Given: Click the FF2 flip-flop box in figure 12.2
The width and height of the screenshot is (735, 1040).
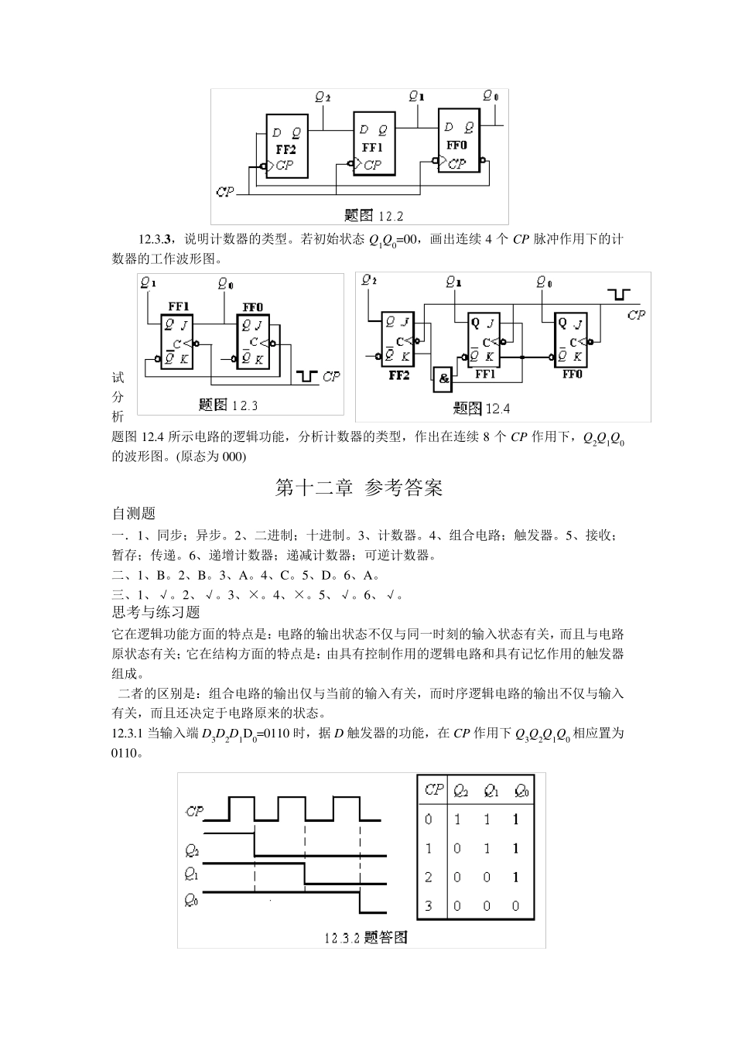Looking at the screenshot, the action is (x=287, y=146).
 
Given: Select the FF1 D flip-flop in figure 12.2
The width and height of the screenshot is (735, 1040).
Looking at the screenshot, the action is (x=373, y=144).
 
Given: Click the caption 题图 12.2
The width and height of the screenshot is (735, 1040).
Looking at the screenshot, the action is (x=374, y=215).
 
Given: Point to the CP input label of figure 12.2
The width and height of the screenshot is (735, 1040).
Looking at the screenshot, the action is (x=225, y=190).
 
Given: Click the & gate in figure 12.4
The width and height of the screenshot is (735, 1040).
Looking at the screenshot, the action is (x=443, y=378).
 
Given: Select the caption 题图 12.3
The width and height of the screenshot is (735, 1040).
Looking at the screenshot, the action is (x=228, y=404).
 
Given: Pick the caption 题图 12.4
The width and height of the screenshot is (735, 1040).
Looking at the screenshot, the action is (x=481, y=409).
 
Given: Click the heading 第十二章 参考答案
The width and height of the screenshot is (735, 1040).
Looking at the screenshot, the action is (x=359, y=488).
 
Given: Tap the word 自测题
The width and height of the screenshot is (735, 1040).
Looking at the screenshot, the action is (x=134, y=513).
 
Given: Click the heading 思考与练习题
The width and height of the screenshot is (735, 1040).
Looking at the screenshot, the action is (x=156, y=612).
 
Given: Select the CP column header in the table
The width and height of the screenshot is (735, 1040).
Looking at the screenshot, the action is (x=433, y=790).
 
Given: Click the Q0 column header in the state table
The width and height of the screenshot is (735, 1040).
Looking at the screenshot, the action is (x=521, y=791).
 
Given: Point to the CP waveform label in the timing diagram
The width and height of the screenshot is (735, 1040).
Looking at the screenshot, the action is (x=194, y=811).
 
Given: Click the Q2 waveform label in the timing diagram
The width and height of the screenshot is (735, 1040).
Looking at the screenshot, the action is (x=192, y=850).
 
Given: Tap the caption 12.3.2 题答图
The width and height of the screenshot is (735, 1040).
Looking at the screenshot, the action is (x=365, y=938).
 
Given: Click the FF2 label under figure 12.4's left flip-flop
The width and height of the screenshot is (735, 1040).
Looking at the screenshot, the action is (x=399, y=375).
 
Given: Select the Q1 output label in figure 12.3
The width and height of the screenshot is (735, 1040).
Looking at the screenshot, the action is (x=149, y=283).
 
